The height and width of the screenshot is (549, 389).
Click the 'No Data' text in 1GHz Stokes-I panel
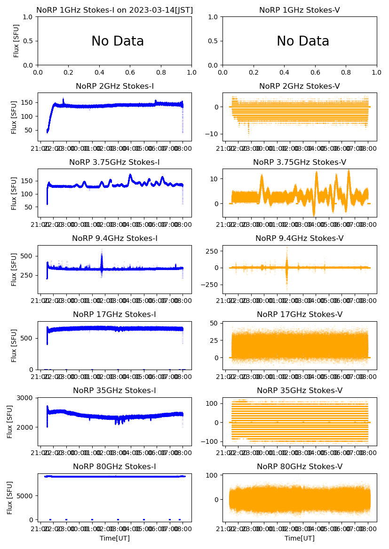118,41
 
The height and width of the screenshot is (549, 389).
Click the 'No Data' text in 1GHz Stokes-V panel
302,41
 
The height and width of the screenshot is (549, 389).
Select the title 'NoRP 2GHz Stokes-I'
115,86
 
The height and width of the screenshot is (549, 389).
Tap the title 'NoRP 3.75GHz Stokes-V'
300,162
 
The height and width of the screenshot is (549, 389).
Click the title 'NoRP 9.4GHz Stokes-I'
115,239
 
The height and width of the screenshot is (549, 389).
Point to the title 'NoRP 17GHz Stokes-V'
300,315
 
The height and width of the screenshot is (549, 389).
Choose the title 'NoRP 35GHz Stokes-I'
115,391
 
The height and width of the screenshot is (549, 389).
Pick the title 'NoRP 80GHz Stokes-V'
300,467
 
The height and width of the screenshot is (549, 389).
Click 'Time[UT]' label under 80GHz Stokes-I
115,538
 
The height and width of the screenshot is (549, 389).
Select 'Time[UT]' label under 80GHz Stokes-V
300,538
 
